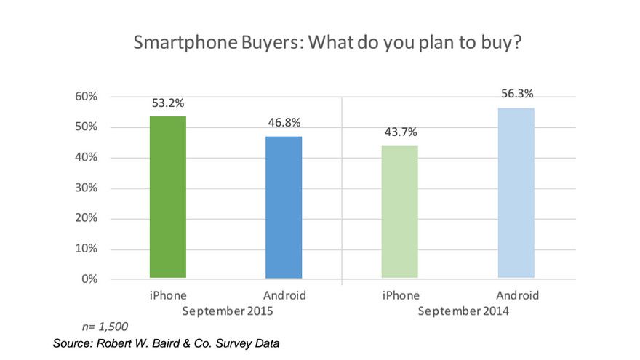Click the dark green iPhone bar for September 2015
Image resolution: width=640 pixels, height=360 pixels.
[167, 197]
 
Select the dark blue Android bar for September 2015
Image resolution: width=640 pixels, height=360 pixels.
[284, 207]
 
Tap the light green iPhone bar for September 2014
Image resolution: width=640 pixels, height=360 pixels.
[399, 212]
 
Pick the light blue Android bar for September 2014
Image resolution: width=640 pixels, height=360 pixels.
[516, 193]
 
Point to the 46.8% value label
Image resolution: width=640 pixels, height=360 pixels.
[284, 121]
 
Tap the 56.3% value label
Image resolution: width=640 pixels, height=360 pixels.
[516, 93]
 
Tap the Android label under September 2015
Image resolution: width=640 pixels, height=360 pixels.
[284, 296]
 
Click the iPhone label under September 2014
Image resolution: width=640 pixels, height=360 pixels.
[399, 296]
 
